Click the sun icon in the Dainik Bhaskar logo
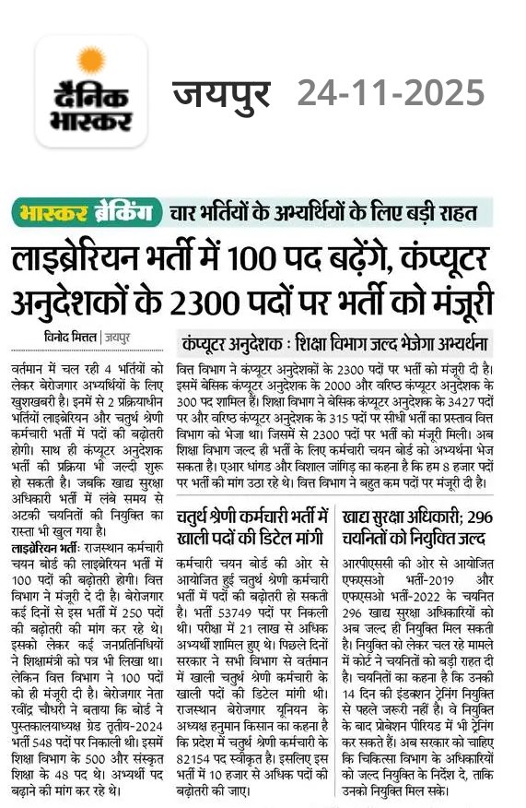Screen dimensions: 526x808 [90, 61]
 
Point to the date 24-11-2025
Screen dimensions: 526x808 [390, 92]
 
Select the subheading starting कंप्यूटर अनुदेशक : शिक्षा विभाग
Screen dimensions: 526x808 [336, 345]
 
